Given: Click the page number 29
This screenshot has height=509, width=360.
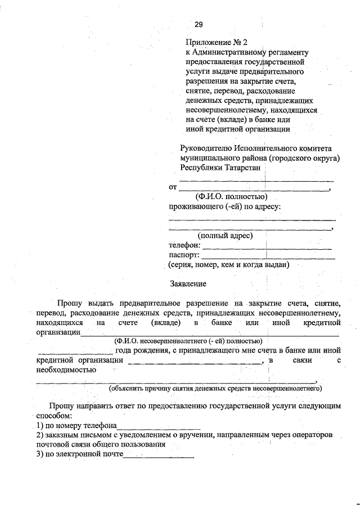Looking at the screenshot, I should pos(199,24).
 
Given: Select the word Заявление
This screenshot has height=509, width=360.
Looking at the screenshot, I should pos(188,283).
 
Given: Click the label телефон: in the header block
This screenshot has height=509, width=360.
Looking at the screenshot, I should pos(184,245).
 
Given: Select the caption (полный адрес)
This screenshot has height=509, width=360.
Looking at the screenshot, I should pos(224,236).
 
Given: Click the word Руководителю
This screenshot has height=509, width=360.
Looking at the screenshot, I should pos(206,148).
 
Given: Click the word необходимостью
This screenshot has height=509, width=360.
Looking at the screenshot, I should pos(65,370).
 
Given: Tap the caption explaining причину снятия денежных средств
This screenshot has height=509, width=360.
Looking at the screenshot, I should pos(215,388).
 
